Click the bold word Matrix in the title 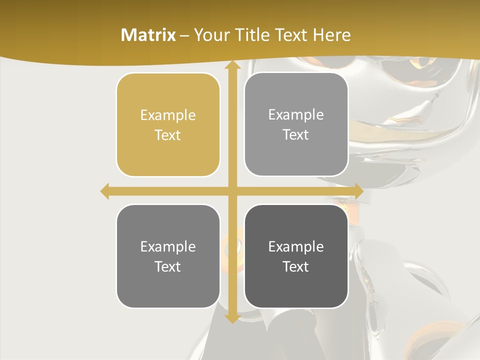click(148, 35)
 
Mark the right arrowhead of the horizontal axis click(358, 191)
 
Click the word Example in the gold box click(168, 115)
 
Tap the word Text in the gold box click(168, 135)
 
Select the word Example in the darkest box click(296, 246)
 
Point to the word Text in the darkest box click(296, 266)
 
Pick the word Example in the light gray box click(296, 115)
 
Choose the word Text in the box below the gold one click(168, 266)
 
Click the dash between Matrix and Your click(184, 35)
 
